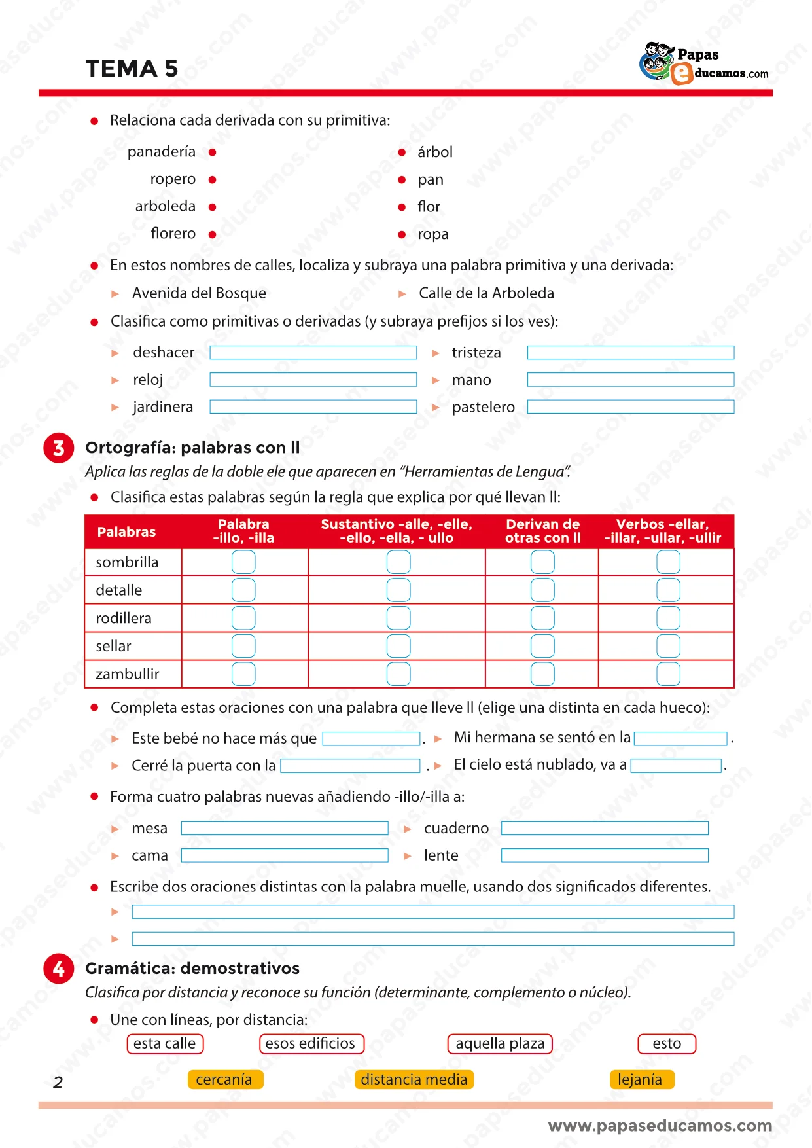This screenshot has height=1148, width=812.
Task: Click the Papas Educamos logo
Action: coord(703,64)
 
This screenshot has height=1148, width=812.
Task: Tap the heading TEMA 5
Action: coord(132,69)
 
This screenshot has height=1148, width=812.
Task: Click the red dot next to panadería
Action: coord(213,152)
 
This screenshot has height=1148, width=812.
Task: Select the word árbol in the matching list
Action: coord(434,152)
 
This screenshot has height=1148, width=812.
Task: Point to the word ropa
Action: coord(432,234)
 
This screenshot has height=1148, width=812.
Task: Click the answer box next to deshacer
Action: coord(313,353)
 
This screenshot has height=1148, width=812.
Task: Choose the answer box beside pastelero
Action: coord(630,407)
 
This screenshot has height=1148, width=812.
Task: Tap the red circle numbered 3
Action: coord(59,448)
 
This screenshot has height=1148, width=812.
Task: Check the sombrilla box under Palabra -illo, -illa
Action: coord(243,562)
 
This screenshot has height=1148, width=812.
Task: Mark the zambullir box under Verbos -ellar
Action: coord(668,674)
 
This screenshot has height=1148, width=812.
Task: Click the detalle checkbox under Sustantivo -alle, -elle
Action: coord(398,590)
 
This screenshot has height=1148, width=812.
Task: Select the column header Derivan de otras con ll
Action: coord(542,531)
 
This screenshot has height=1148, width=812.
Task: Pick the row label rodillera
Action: coord(124,619)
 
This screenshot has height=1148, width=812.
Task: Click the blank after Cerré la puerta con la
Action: coord(350,766)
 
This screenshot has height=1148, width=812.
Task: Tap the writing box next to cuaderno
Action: coord(605,829)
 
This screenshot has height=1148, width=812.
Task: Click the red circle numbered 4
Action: coord(59,969)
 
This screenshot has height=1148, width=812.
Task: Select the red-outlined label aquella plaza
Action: coord(500,1044)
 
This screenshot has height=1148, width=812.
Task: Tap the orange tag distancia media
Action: coord(414,1080)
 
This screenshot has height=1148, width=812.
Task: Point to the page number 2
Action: coord(58,1083)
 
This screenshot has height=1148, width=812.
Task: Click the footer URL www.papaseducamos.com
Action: coord(660,1126)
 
